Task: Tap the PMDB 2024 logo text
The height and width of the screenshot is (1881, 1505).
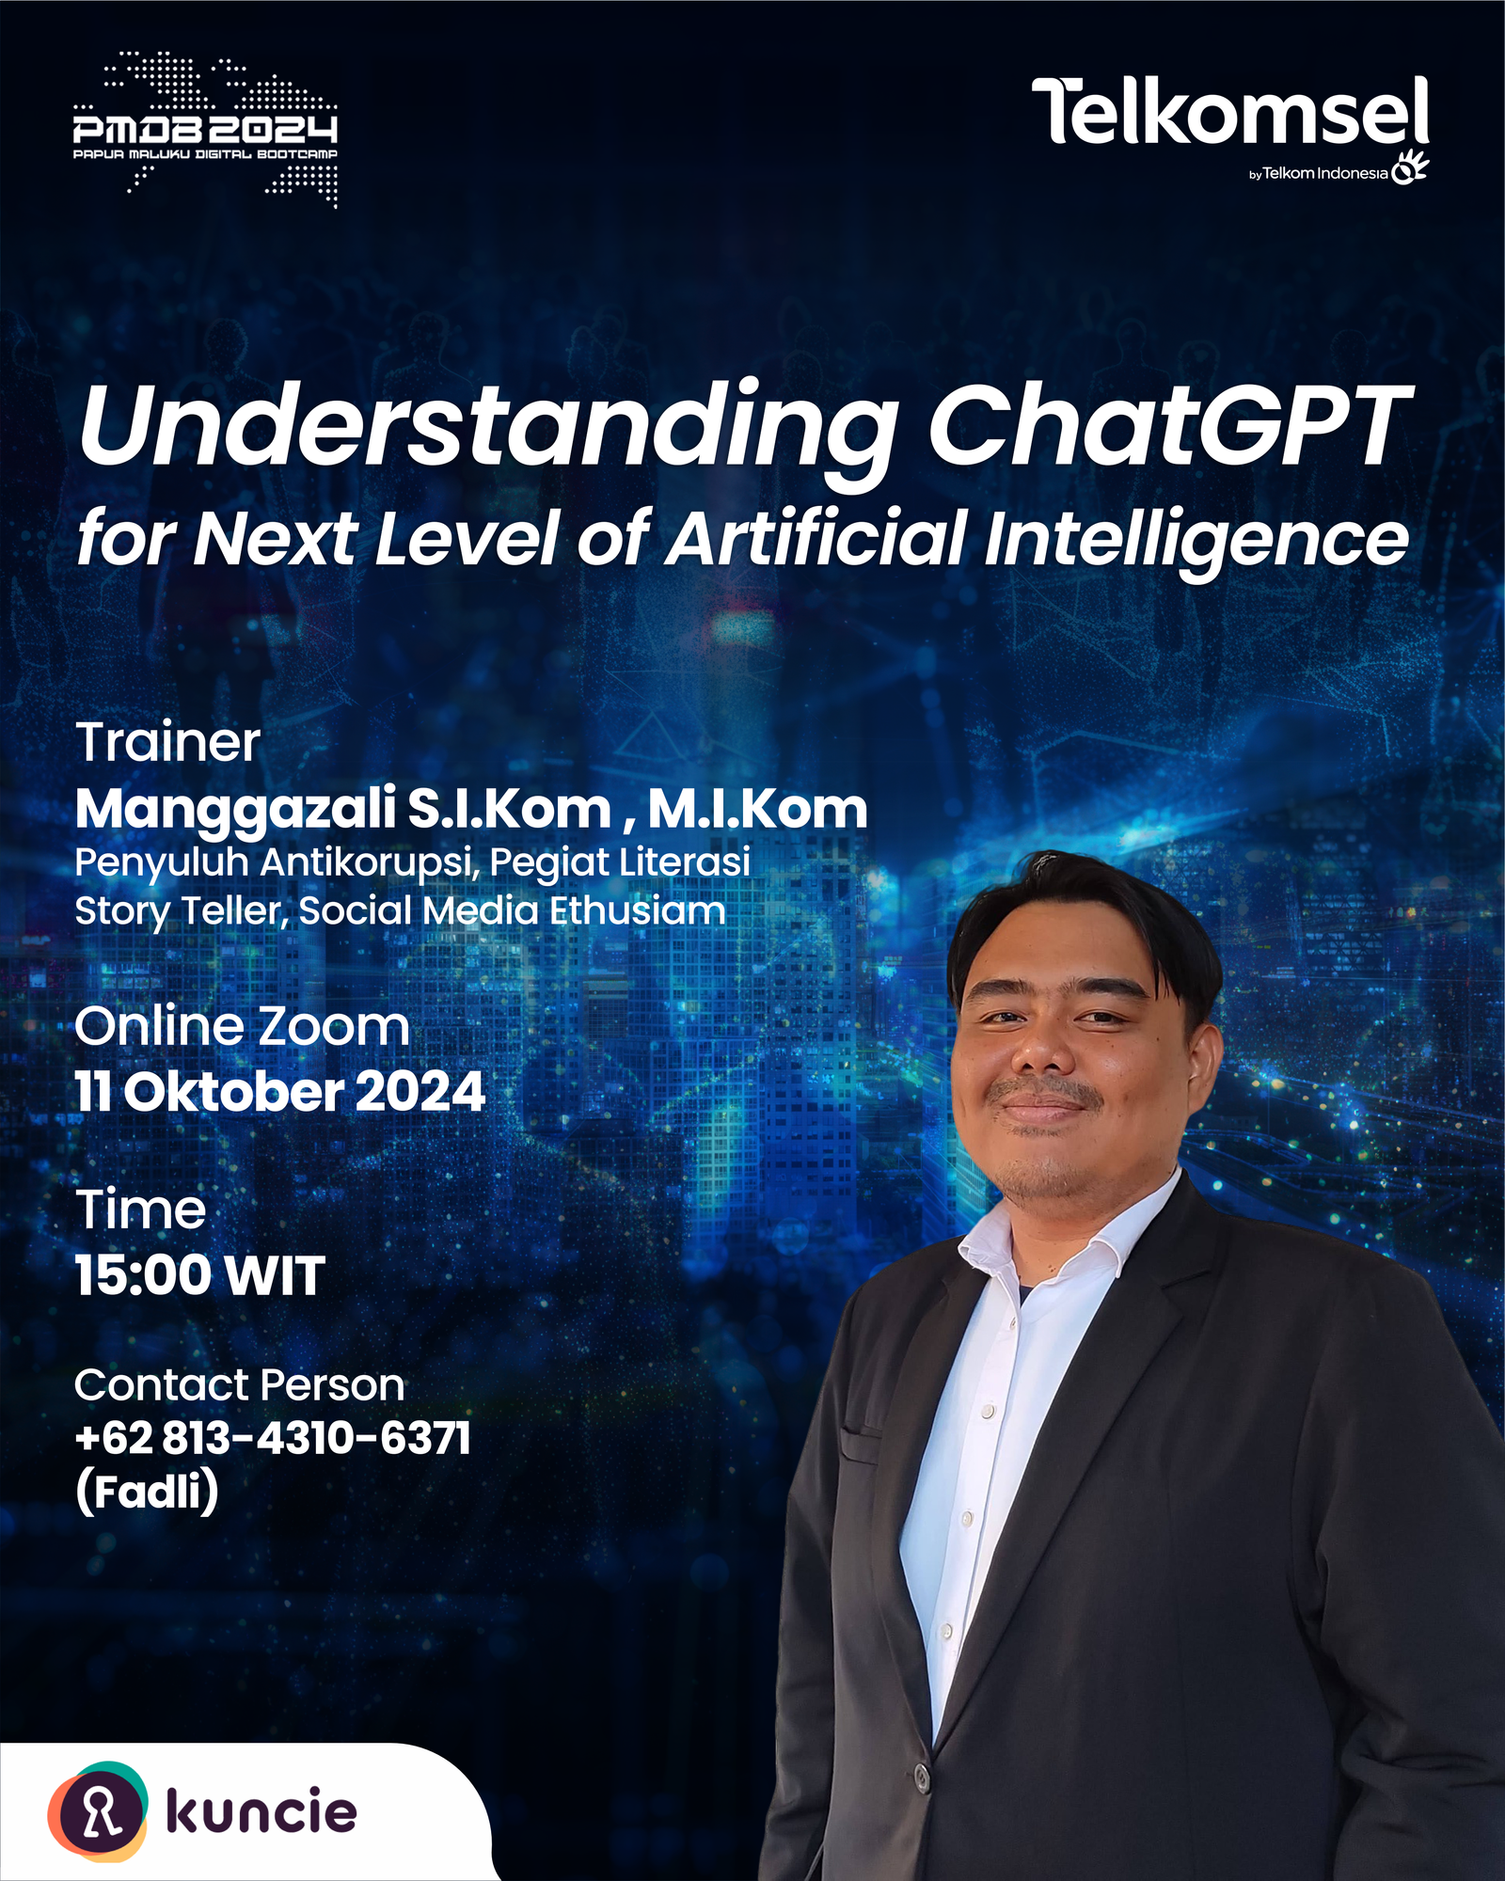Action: click(x=205, y=129)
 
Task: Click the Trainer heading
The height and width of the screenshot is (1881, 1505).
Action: click(x=167, y=742)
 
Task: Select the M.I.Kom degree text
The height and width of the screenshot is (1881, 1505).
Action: click(x=757, y=809)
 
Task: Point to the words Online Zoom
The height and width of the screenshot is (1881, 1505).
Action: click(x=243, y=1026)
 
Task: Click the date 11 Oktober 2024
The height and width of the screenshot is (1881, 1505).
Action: click(x=280, y=1092)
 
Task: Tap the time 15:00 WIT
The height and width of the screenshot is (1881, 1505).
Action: click(x=200, y=1276)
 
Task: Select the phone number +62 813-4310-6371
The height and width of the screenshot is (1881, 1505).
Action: click(x=273, y=1438)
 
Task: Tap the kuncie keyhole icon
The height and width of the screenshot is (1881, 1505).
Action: click(x=98, y=1810)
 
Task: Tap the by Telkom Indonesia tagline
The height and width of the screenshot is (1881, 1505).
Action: click(x=1318, y=173)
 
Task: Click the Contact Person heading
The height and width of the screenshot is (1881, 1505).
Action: click(x=240, y=1385)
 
